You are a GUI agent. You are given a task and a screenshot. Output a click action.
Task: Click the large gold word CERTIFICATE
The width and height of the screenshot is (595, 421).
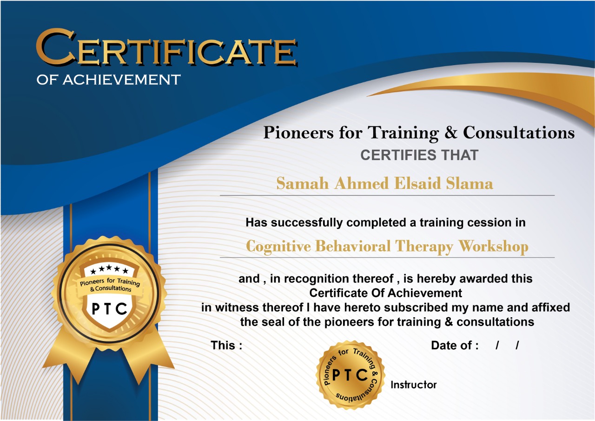click(x=166, y=48)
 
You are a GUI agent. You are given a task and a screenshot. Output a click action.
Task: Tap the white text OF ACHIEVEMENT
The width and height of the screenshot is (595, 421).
click(x=109, y=80)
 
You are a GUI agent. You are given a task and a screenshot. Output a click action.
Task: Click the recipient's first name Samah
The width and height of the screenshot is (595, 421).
click(x=302, y=183)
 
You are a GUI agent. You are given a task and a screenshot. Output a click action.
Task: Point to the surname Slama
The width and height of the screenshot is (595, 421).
click(x=469, y=183)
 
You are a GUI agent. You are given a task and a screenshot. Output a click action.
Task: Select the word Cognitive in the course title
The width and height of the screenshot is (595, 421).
click(x=278, y=247)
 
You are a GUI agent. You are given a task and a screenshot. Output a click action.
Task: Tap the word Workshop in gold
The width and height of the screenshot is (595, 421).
click(x=494, y=247)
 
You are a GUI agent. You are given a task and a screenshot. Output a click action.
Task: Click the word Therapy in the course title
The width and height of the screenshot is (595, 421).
click(x=424, y=247)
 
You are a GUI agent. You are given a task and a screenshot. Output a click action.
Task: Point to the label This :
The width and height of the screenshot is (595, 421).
click(x=226, y=345)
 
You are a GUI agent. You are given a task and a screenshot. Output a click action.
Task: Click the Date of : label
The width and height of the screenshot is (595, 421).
click(x=455, y=345)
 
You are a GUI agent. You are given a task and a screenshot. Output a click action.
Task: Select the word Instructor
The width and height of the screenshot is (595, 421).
click(x=413, y=385)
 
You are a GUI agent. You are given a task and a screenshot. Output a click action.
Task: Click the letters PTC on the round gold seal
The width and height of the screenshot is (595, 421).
click(x=350, y=375)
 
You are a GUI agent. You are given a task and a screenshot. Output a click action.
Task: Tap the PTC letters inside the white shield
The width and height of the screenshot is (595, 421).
click(x=109, y=309)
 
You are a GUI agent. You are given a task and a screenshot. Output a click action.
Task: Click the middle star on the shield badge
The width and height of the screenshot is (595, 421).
click(x=109, y=267)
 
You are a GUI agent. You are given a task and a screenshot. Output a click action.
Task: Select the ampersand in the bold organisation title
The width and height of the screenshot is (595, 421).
click(x=451, y=132)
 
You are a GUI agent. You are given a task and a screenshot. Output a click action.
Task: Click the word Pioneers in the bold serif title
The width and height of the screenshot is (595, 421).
click(x=298, y=132)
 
